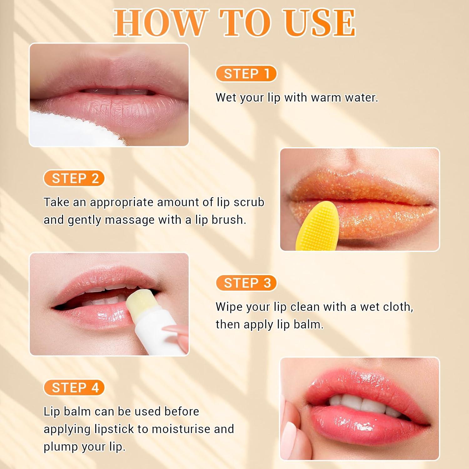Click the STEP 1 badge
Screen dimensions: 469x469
[246, 74]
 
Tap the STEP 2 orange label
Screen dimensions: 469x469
[74, 179]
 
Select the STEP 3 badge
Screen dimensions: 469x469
[246, 283]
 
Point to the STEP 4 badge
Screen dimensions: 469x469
[74, 388]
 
